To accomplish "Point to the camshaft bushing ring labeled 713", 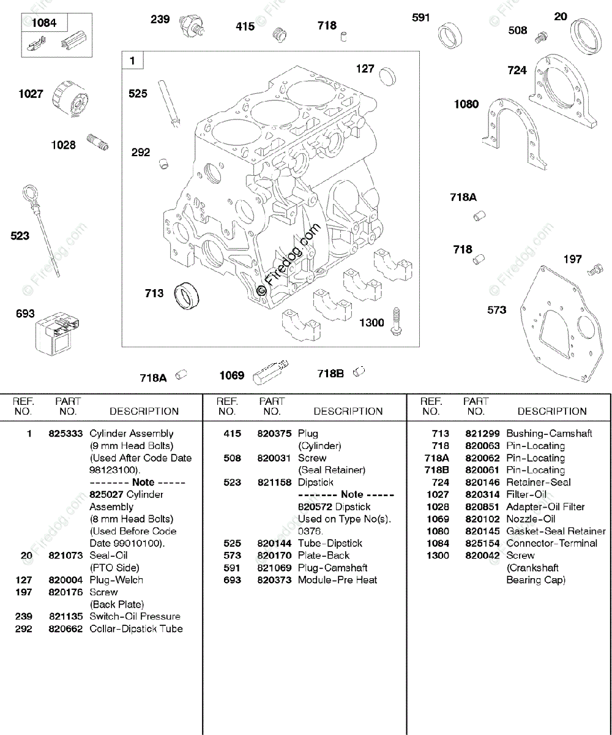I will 188,296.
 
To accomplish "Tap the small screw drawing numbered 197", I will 594,270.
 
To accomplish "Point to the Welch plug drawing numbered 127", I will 387,77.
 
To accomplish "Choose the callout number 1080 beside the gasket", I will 466,104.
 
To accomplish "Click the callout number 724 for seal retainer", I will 517,70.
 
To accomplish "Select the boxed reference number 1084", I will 44,23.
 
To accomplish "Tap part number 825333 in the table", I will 65,434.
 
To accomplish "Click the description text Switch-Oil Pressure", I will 135,617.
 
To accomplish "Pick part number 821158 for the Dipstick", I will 274,483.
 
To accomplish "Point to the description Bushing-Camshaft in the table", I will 549,434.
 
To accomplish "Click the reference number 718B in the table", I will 437,470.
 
